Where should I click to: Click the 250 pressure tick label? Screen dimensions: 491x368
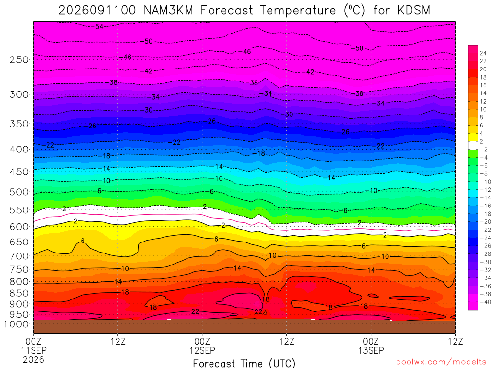[19, 59]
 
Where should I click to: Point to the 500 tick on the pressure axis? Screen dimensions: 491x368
[19, 192]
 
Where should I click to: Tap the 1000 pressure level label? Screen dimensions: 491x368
[16, 324]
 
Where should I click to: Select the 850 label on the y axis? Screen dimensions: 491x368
[19, 293]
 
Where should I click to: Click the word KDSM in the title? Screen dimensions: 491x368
[414, 11]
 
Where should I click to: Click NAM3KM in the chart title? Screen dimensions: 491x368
[168, 11]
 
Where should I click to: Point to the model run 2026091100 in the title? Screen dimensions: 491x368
[97, 11]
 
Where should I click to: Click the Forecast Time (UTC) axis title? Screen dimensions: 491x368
[244, 363]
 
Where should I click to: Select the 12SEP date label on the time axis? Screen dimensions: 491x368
[202, 350]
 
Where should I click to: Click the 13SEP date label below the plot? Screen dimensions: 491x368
[371, 350]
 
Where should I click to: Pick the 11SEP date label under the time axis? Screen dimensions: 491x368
[34, 350]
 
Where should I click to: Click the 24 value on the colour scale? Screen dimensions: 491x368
[483, 53]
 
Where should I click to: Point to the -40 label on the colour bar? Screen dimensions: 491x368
[485, 302]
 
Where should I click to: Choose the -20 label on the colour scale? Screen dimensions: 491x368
[485, 222]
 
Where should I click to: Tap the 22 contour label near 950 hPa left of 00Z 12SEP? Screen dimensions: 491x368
[195, 311]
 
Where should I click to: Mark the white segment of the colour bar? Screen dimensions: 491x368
[473, 145]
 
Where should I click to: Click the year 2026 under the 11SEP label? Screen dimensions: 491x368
[34, 359]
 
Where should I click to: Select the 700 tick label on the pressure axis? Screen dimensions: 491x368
[19, 256]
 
